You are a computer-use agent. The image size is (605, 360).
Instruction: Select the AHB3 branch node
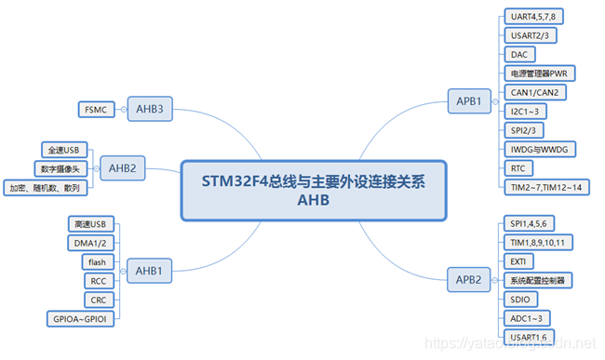tap(151, 110)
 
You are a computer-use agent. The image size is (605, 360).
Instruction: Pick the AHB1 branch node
tap(151, 272)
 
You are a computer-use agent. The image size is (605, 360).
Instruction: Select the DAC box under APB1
tap(519, 55)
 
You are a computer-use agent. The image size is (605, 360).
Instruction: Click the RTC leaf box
tap(518, 168)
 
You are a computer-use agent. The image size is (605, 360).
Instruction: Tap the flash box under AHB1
tap(98, 262)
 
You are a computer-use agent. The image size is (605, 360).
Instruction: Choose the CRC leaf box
tap(98, 300)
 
